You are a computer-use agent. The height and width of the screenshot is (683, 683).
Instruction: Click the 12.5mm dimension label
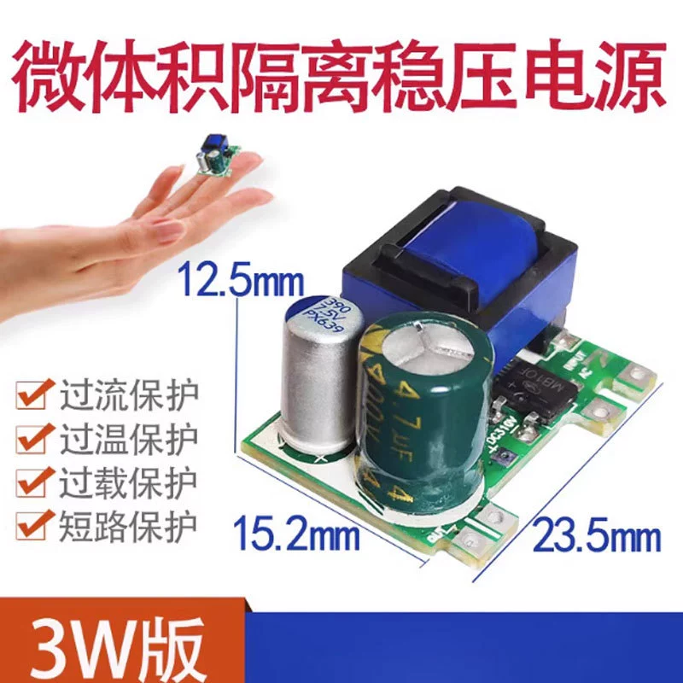[x=228, y=279]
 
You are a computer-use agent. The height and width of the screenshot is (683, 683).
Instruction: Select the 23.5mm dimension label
[x=597, y=538]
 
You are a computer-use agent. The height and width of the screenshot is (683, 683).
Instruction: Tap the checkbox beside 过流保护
[x=32, y=397]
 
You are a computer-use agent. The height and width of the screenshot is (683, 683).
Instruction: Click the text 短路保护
[x=128, y=522]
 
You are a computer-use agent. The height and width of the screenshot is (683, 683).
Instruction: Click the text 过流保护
[x=128, y=397]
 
